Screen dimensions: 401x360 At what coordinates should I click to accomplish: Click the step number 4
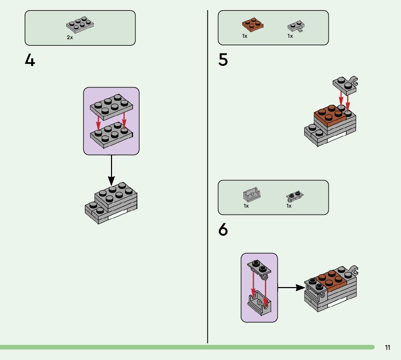pyautogui.click(x=30, y=61)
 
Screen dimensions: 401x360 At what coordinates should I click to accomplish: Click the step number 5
pyautogui.click(x=223, y=60)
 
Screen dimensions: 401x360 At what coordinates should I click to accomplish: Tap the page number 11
pyautogui.click(x=388, y=347)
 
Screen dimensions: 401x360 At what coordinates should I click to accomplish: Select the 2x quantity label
pyautogui.click(x=70, y=37)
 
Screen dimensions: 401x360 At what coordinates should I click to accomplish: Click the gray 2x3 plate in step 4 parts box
pyautogui.click(x=80, y=25)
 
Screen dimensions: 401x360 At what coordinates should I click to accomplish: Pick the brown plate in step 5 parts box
pyautogui.click(x=253, y=25)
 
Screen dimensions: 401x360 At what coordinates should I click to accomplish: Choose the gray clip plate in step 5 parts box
pyautogui.click(x=296, y=26)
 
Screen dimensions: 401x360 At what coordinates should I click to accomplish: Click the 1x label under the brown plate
pyautogui.click(x=245, y=36)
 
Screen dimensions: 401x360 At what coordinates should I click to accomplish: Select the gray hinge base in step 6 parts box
pyautogui.click(x=252, y=195)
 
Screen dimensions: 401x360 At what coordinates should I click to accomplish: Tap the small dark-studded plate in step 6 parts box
pyautogui.click(x=295, y=196)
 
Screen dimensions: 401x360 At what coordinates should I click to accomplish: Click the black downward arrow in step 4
pyautogui.click(x=111, y=170)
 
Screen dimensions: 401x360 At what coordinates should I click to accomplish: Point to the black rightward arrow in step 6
pyautogui.click(x=291, y=287)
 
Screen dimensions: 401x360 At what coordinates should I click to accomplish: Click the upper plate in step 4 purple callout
pyautogui.click(x=111, y=107)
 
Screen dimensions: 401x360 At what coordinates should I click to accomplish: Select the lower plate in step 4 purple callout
pyautogui.click(x=111, y=135)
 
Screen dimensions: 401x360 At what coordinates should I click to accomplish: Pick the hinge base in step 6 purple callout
pyautogui.click(x=259, y=303)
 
